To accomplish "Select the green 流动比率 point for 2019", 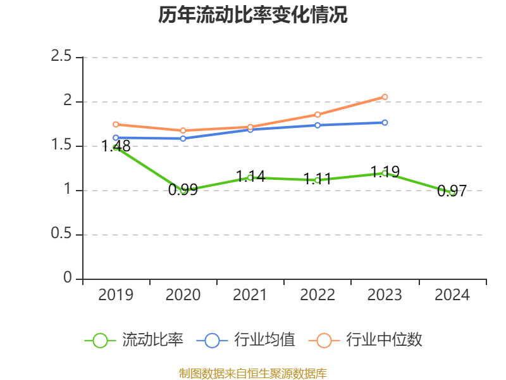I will (x=116, y=147).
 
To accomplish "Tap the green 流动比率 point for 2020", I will (x=183, y=190).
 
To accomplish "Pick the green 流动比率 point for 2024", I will (x=452, y=192).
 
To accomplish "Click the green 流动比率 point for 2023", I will (x=385, y=173).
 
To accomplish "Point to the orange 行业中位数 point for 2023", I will (x=385, y=97).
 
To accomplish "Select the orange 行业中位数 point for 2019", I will (x=116, y=124).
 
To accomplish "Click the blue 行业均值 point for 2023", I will (x=385, y=122).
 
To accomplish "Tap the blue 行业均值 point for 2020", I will (x=183, y=138).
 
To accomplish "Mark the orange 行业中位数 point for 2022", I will (x=318, y=115).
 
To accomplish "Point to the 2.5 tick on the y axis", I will (x=61, y=57).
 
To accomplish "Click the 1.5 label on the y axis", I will (x=61, y=146).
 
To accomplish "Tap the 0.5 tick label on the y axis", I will (x=61, y=234).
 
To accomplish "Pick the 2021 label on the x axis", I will (x=250, y=295).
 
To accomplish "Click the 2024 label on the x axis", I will (x=452, y=295).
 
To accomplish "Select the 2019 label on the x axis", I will (x=116, y=295).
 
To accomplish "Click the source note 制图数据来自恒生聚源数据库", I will (x=253, y=373).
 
